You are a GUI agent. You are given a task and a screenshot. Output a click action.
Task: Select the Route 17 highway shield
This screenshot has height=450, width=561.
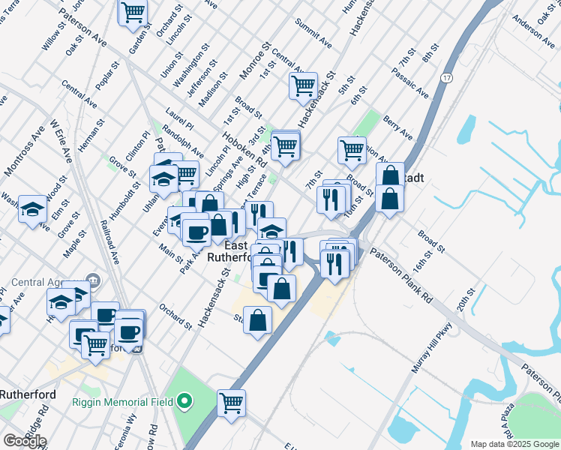coord(447,78)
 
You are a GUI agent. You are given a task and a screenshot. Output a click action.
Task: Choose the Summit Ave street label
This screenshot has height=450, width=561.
coord(313,33)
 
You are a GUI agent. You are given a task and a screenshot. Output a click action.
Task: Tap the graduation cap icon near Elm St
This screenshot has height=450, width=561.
coord(33,208)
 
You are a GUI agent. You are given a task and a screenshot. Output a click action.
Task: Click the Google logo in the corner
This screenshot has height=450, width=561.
coord(24,441)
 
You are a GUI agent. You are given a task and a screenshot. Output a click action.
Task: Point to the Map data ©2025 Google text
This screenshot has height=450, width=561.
coord(514,444)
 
